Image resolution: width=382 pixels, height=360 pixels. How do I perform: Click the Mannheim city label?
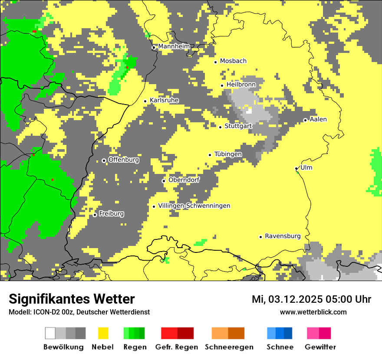pos(174,46)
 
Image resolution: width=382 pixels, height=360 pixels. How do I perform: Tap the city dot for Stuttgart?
pos(220,127)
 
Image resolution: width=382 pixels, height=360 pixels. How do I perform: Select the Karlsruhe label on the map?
pos(164,100)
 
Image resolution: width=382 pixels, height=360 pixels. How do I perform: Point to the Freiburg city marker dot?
pos(95,215)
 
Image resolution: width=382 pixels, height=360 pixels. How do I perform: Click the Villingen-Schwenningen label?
pos(194,206)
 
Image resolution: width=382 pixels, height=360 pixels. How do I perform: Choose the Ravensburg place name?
pos(283,236)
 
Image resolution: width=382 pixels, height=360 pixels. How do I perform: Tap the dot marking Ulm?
pos(296,169)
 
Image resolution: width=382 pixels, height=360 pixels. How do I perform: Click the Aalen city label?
pos(318,119)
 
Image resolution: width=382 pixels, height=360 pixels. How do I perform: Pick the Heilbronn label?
pos(241,85)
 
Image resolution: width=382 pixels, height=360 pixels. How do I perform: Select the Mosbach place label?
pos(233,61)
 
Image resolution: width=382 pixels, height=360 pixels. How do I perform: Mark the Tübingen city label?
pos(228,154)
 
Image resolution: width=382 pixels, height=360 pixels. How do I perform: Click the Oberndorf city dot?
pos(164,181)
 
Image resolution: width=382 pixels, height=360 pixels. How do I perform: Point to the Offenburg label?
pos(124,160)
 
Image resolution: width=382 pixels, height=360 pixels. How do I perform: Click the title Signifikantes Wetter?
pos(72,299)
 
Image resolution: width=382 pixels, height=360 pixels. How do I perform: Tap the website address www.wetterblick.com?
pos(313,312)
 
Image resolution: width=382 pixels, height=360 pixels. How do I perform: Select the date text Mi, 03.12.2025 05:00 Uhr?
pos(311,299)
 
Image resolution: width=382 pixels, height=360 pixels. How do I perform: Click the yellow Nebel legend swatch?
pos(103,333)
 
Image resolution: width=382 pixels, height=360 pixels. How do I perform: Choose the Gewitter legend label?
pos(320,347)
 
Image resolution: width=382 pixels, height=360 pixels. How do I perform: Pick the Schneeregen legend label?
pos(229,347)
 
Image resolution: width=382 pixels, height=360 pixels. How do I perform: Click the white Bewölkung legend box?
pos(50,333)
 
